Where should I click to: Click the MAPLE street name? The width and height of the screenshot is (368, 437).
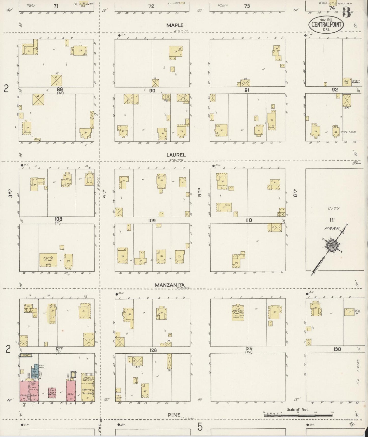[x=175, y=25]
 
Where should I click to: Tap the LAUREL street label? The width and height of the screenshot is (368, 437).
[x=176, y=155]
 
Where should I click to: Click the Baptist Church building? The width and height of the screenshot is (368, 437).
[x=238, y=312]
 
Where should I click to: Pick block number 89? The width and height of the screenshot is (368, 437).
[x=60, y=89]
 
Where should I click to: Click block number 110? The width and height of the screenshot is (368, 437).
[x=248, y=220]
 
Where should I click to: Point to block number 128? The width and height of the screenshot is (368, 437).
[x=153, y=350]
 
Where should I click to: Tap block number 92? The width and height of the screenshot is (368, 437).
[x=335, y=89]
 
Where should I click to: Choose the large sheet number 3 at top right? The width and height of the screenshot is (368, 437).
[x=346, y=12]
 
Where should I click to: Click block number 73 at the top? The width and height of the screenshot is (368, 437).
[x=247, y=6]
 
